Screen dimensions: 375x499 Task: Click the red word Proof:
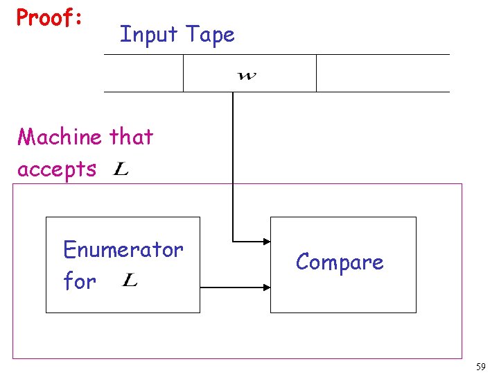point(49,19)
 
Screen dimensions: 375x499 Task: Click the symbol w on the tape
point(246,75)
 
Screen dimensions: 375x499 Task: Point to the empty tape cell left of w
point(143,73)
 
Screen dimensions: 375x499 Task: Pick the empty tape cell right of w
point(382,73)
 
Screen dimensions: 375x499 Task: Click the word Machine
point(60,137)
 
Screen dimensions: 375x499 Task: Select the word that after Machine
point(131,137)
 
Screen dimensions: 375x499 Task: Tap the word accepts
point(57,169)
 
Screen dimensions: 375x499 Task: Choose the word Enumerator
point(123,249)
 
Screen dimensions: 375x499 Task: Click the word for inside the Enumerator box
point(79,281)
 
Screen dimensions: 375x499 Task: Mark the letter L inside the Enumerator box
point(129,281)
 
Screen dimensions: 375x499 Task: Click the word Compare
point(339,262)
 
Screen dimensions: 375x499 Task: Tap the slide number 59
point(480,366)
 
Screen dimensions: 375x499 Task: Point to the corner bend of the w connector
point(233,242)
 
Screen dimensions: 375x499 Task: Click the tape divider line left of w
point(183,73)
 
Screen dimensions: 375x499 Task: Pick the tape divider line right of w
point(316,73)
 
